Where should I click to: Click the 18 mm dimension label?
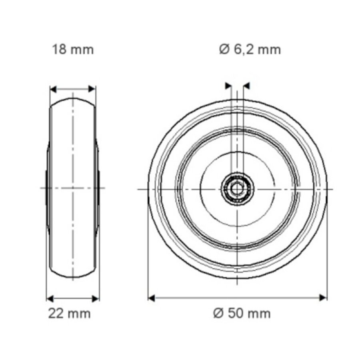pos(72,50)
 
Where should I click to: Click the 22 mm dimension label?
pos(70,313)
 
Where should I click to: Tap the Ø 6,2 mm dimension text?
pos(250,50)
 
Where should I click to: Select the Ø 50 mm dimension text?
pos(242,313)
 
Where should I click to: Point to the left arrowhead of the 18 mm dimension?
pos(53,89)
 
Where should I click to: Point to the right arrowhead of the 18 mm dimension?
pos(92,89)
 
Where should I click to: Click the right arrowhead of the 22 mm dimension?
pos(96,298)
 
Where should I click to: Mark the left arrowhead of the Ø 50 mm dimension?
pos(152,297)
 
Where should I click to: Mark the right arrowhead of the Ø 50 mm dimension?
pos(323,297)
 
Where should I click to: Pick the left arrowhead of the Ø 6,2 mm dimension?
pos(229,85)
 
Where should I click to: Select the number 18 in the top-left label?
pos(58,50)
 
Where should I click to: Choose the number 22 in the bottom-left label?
pos(56,313)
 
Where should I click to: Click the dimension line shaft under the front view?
pos(238,297)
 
